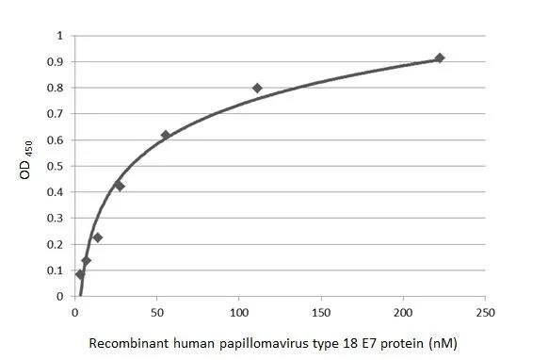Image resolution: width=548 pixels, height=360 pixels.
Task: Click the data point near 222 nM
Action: pos(439,58)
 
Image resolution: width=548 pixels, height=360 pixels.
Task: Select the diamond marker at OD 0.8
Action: pos(257,88)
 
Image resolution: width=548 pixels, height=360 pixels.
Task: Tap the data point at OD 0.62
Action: pos(166,135)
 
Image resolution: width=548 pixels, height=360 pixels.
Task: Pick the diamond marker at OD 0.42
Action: pos(120,186)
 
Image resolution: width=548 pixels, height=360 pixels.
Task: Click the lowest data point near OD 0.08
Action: pos(80,275)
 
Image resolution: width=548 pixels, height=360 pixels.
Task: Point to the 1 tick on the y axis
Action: pos(60,36)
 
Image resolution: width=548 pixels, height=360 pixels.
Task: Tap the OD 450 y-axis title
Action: pos(27,160)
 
